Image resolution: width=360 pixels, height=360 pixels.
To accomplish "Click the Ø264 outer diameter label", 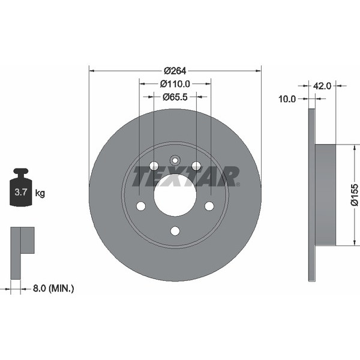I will click(x=176, y=70).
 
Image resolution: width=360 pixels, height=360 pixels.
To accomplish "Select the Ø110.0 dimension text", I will click(x=175, y=85).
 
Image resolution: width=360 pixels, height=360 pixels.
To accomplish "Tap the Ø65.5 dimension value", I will click(x=175, y=96).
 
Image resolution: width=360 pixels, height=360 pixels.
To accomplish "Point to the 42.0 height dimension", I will click(x=323, y=86).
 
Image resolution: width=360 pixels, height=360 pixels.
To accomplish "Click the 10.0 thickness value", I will click(x=288, y=99).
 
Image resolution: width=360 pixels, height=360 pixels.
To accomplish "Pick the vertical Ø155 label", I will click(x=354, y=195).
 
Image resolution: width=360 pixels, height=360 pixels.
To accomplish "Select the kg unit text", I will click(x=40, y=193).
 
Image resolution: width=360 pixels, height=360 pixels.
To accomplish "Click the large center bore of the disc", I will click(x=175, y=196).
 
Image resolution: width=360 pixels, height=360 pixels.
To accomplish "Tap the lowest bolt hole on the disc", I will click(x=175, y=231).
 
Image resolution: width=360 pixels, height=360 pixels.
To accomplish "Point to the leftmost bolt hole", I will click(x=141, y=206).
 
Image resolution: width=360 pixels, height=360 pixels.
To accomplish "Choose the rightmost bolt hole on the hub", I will click(x=209, y=206).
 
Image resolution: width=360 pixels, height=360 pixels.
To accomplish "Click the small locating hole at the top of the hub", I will click(x=175, y=160).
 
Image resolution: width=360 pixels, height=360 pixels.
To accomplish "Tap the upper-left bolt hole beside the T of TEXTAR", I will click(x=154, y=166).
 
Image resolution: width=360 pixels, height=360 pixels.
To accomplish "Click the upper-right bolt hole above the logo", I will click(x=196, y=166).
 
